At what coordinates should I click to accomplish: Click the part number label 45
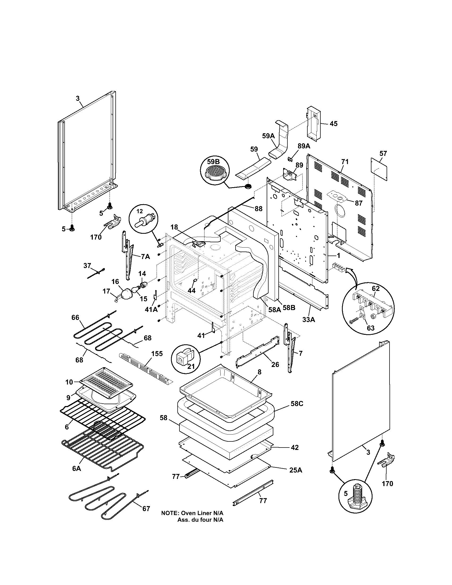[x=333, y=124]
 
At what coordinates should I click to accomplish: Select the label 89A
[x=304, y=146]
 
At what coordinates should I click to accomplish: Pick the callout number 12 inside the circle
[x=140, y=211]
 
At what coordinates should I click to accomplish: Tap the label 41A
[x=151, y=309]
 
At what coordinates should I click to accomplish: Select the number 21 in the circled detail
[x=191, y=366]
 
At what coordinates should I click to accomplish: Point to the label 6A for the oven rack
[x=76, y=469]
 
